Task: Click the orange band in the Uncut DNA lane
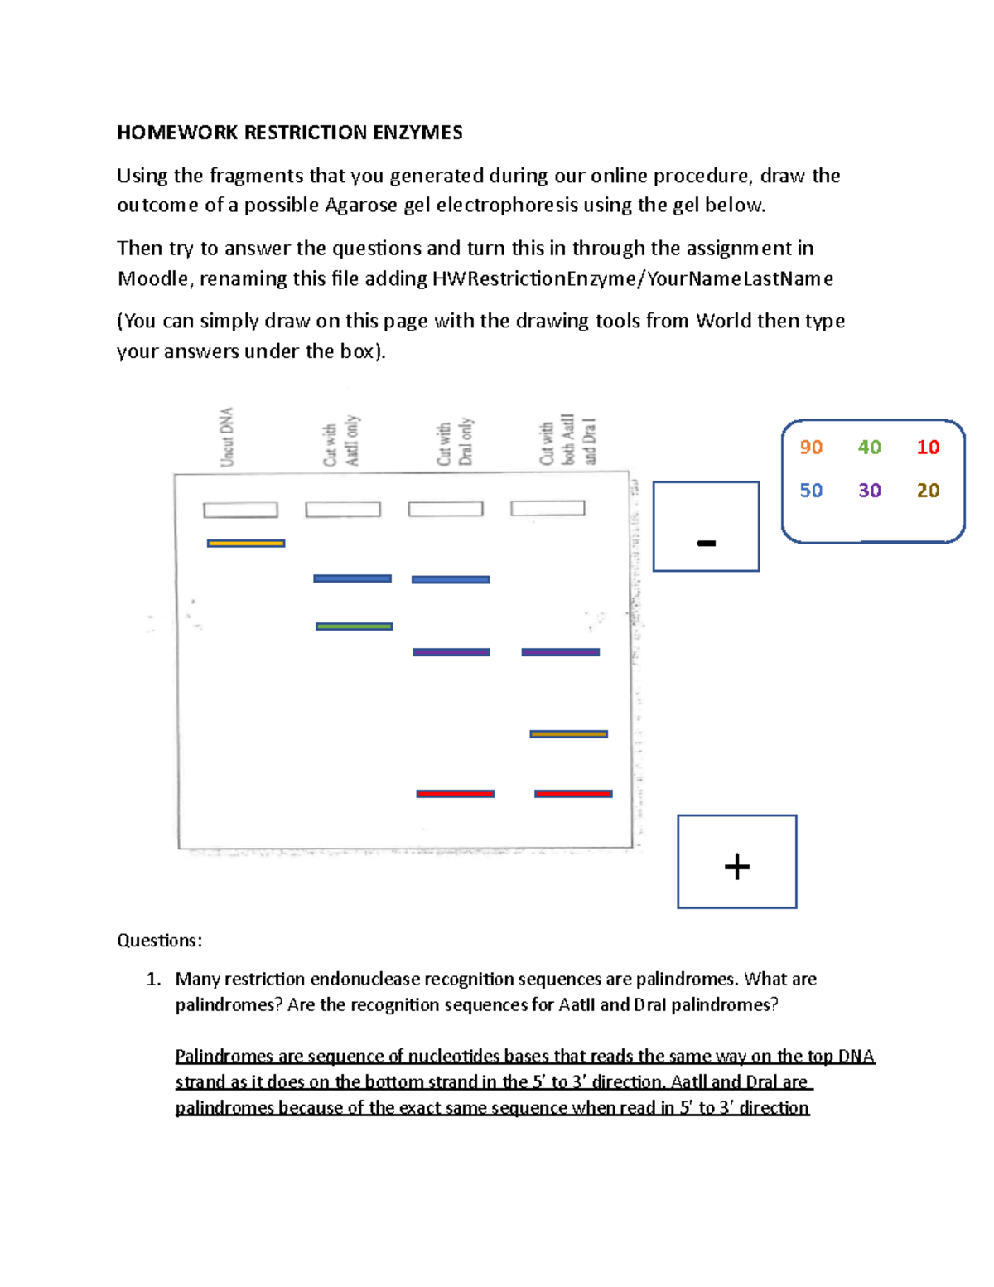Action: (246, 544)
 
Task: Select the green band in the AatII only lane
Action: (354, 627)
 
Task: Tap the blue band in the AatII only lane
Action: (352, 578)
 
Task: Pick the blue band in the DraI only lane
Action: (451, 579)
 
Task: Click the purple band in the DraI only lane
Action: (451, 652)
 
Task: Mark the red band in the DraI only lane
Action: (455, 794)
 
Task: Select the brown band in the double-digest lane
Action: (568, 734)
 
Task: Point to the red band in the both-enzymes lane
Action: (573, 794)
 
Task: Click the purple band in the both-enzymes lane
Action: (560, 652)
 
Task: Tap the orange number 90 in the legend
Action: (811, 448)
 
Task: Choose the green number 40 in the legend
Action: (869, 448)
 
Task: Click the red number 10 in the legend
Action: (928, 448)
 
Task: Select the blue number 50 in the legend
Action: (811, 491)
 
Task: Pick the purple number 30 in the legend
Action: (869, 491)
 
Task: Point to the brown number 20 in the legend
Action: (928, 491)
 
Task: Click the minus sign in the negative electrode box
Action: (706, 544)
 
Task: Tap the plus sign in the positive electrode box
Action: (736, 867)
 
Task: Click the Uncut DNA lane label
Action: (227, 437)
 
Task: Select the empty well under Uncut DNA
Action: (240, 510)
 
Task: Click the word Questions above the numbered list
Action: (159, 940)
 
